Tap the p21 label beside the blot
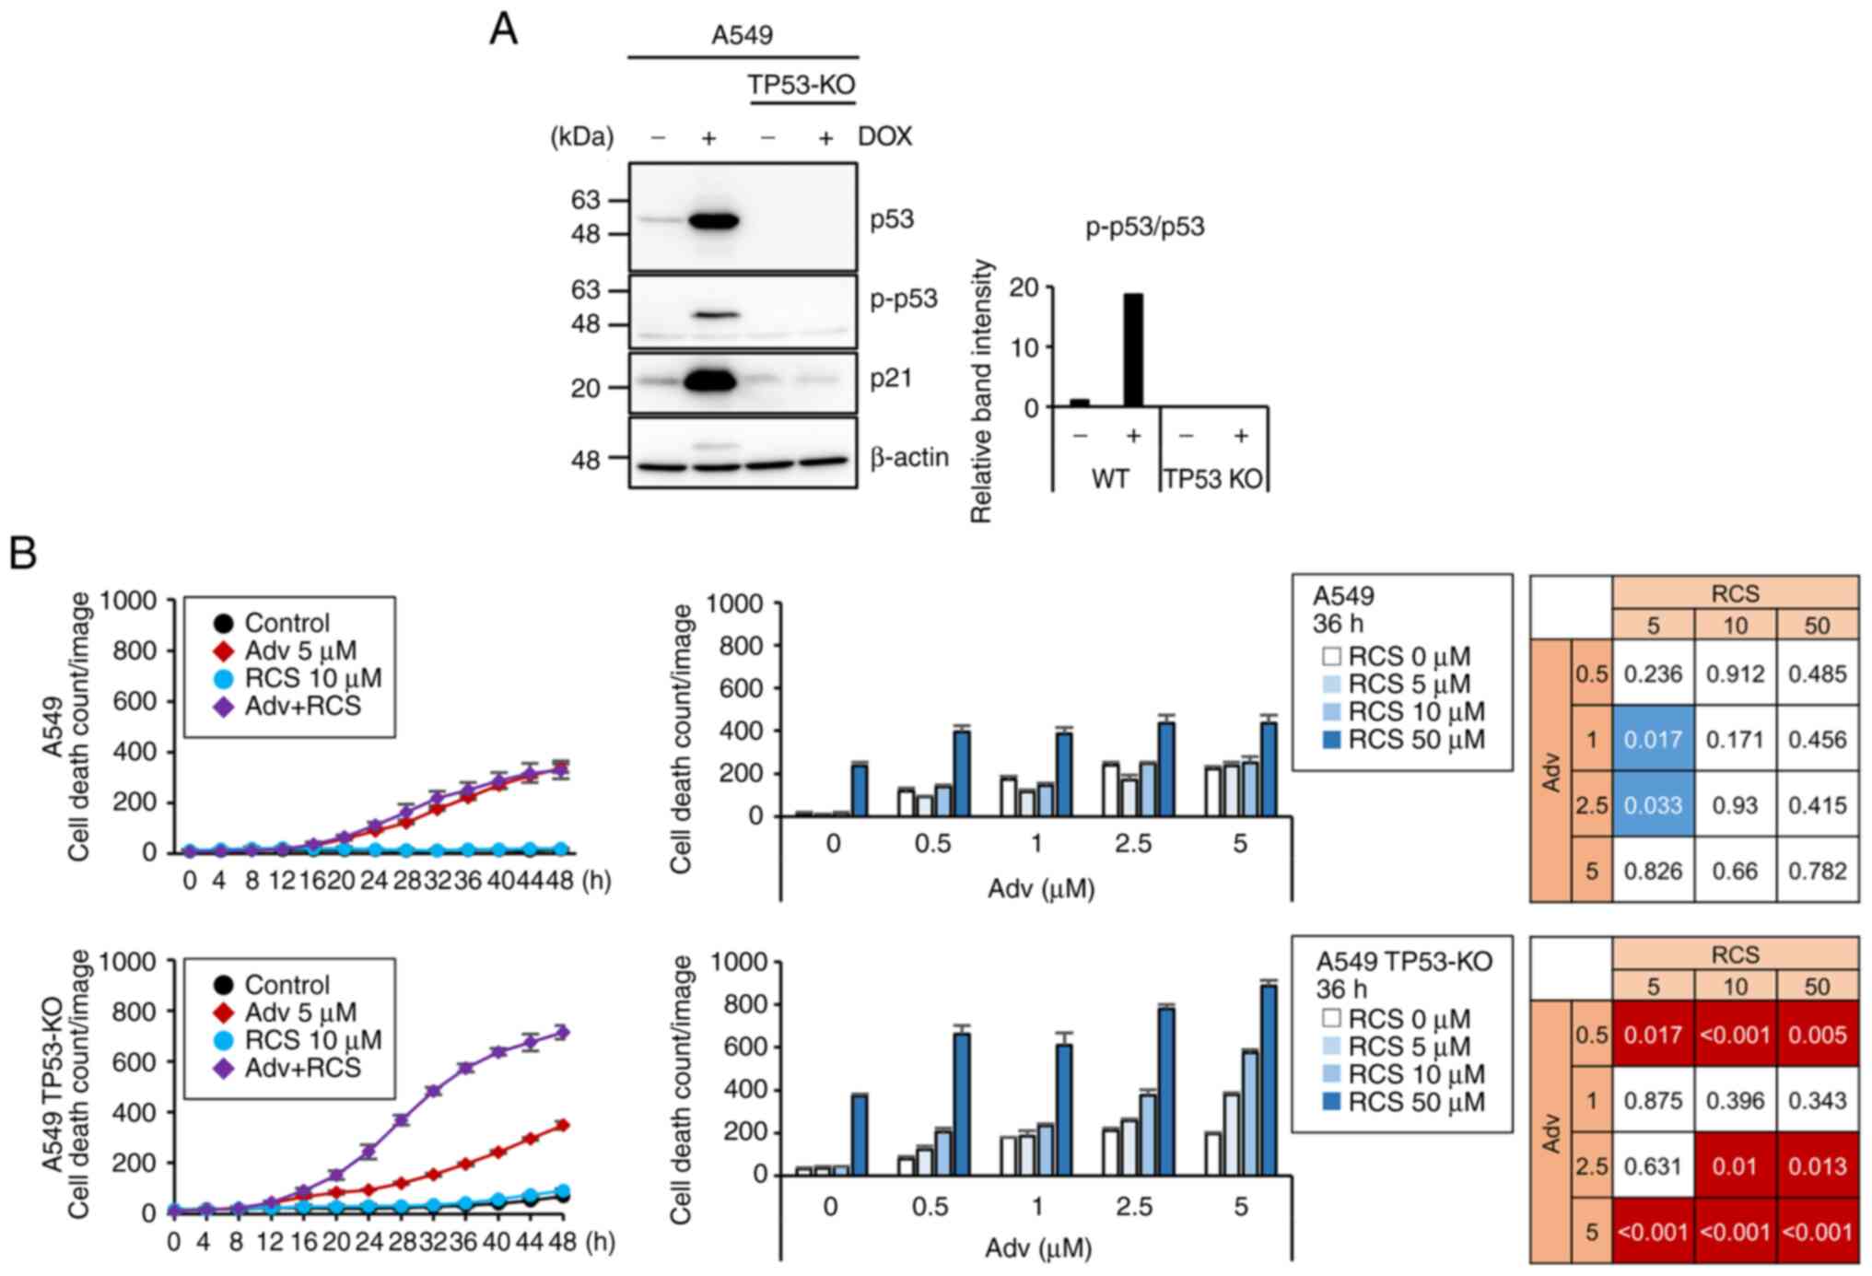point(891,379)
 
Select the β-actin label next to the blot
point(908,457)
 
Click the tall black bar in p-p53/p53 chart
point(1133,350)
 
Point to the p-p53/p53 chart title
point(1144,227)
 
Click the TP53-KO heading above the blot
point(801,86)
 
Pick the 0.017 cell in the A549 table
point(1653,739)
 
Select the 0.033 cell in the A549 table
point(1653,805)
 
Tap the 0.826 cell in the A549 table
point(1653,871)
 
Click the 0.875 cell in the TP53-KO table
point(1653,1100)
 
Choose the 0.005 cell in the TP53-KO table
point(1817,1035)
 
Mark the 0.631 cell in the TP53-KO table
point(1653,1166)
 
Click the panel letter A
point(503,29)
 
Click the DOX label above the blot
point(884,137)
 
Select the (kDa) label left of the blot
point(581,137)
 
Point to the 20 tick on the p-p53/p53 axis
point(1024,288)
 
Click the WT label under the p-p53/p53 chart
point(1109,479)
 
